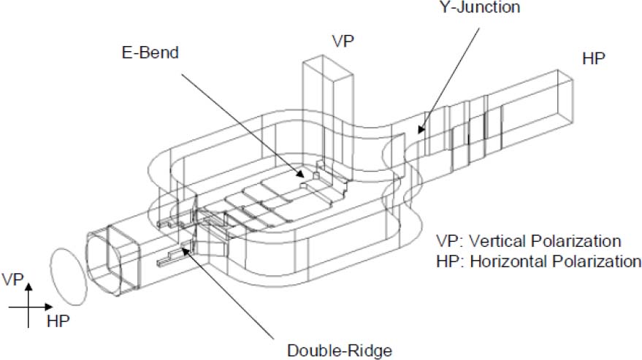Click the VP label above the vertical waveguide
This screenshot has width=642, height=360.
(344, 41)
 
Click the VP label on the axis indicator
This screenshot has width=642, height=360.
(15, 279)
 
